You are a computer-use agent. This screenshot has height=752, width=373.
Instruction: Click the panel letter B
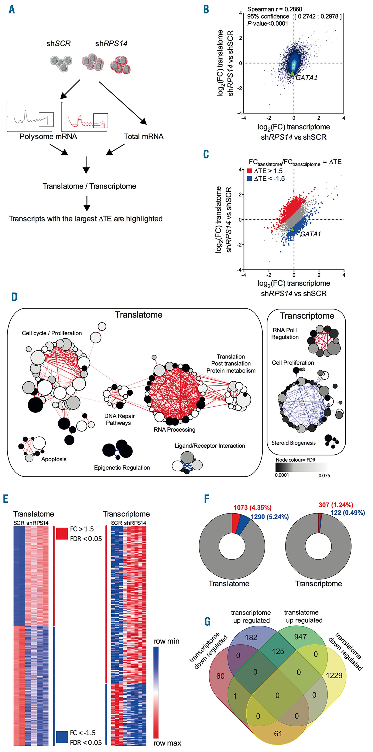click(206, 10)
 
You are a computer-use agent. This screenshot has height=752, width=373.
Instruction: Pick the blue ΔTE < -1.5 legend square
click(249, 179)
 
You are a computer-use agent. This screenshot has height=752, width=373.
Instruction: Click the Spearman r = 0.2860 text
click(274, 9)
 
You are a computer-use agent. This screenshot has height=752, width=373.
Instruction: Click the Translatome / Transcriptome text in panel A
click(89, 186)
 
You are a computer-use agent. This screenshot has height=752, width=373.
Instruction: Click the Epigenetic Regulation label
click(122, 468)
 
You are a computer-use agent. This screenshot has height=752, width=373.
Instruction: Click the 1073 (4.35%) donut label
click(252, 508)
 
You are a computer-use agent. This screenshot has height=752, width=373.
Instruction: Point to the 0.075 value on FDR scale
click(324, 475)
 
